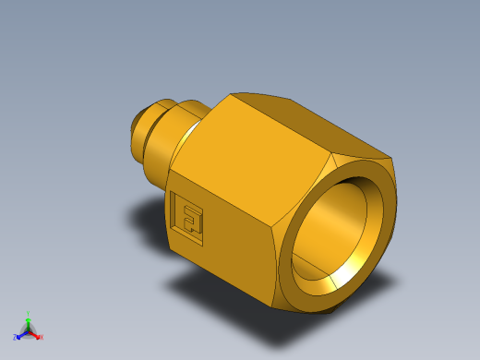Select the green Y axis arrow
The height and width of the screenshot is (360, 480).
pos(29,319)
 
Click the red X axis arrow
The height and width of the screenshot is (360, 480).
pos(36,334)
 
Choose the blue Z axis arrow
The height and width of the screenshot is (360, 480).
pos(21,333)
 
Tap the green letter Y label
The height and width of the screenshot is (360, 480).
pos(29,313)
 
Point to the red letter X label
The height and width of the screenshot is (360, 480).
pos(42,337)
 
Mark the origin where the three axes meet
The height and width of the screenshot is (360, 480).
pos(29,330)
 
